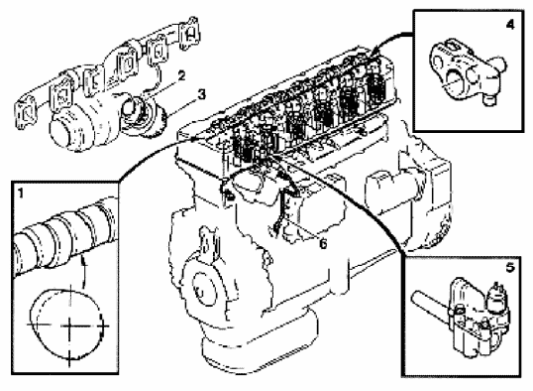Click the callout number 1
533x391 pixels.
(x=21, y=195)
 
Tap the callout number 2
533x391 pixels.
(x=182, y=76)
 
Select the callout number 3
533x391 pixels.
(x=202, y=94)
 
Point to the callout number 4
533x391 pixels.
(x=510, y=25)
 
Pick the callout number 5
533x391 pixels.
(x=510, y=267)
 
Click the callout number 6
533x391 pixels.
(x=323, y=243)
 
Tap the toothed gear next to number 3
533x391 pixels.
(x=154, y=120)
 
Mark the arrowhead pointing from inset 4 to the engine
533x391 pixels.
(x=373, y=53)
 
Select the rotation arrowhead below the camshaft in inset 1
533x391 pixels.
(x=83, y=261)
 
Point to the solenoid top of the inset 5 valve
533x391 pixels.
(x=497, y=294)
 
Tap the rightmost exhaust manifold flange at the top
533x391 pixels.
(x=189, y=34)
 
